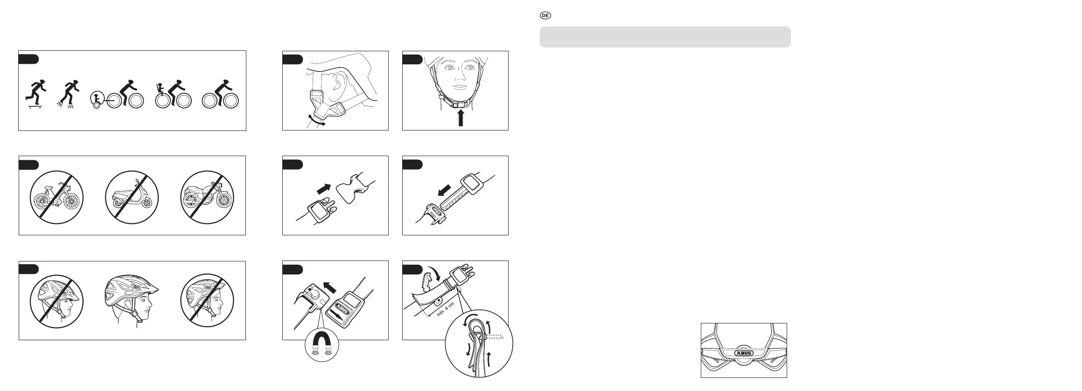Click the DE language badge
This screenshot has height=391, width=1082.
(x=545, y=15)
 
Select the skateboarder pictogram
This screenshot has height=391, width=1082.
(x=34, y=94)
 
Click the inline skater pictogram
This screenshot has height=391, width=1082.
(x=66, y=94)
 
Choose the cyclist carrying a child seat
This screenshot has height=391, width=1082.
(x=173, y=94)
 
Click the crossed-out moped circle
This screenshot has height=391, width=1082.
(x=56, y=197)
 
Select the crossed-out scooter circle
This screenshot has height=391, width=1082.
(x=132, y=197)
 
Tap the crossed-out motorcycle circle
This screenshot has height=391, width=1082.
(x=208, y=197)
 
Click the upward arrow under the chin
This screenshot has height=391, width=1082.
(x=461, y=117)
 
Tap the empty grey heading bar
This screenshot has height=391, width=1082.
(x=665, y=37)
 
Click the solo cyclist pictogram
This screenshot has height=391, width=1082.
(x=221, y=94)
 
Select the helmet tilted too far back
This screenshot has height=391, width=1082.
(x=208, y=301)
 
